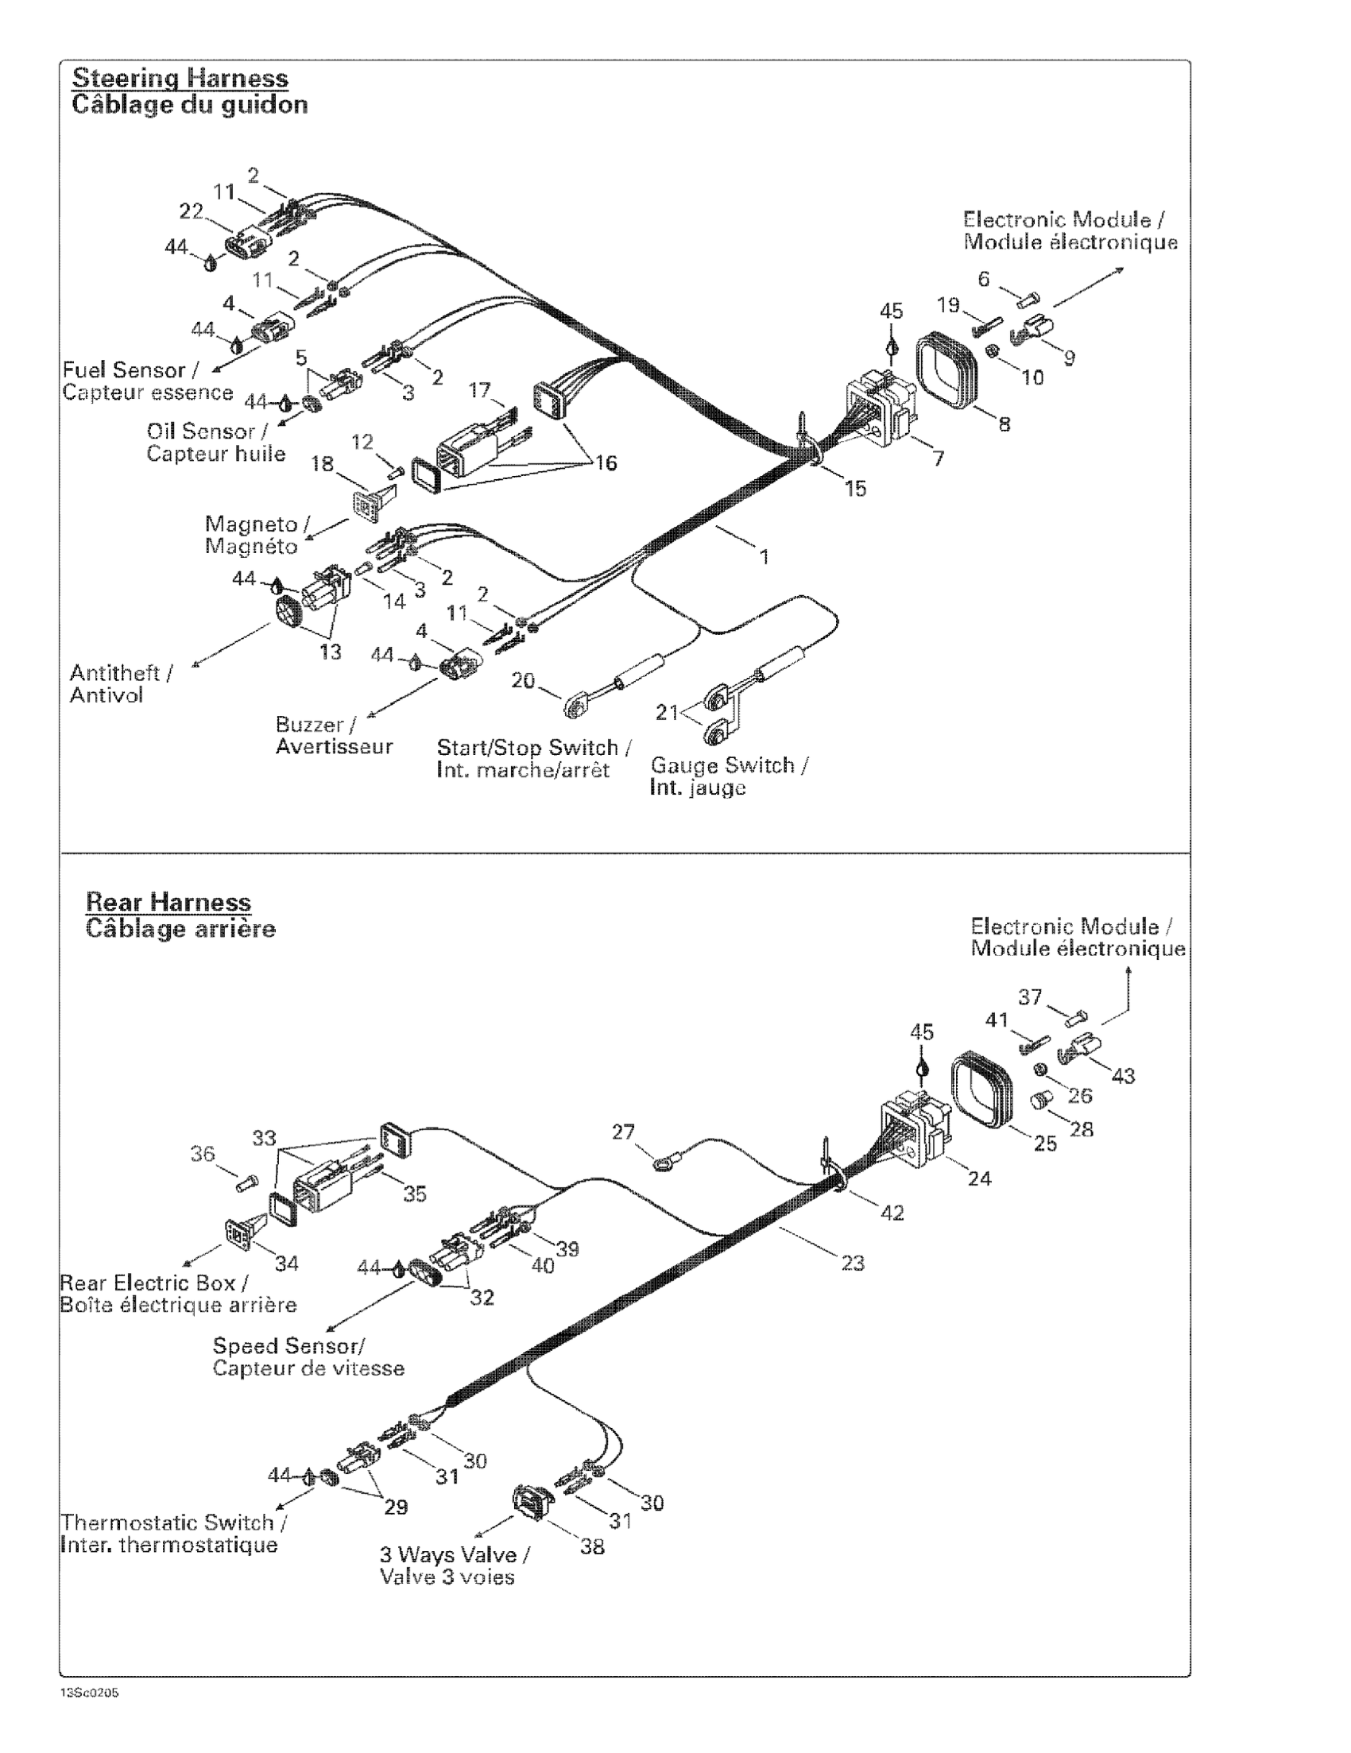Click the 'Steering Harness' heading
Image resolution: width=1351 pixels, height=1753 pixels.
point(180,78)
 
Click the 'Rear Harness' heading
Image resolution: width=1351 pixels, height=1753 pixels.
point(168,901)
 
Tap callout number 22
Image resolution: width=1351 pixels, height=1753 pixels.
point(191,211)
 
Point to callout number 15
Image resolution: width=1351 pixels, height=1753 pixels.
point(856,488)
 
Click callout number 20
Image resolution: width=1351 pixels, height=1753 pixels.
point(523,681)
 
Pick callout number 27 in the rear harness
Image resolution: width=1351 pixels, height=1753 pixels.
point(623,1132)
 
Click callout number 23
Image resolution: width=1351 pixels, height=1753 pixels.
point(853,1263)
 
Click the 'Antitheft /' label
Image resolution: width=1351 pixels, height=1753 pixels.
point(121,671)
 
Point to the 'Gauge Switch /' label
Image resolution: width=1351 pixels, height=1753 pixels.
point(729,765)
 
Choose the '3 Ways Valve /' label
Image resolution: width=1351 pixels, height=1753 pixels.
point(455,1555)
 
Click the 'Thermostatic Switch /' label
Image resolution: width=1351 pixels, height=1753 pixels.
point(174,1523)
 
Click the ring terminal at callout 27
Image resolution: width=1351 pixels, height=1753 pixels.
point(663,1163)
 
